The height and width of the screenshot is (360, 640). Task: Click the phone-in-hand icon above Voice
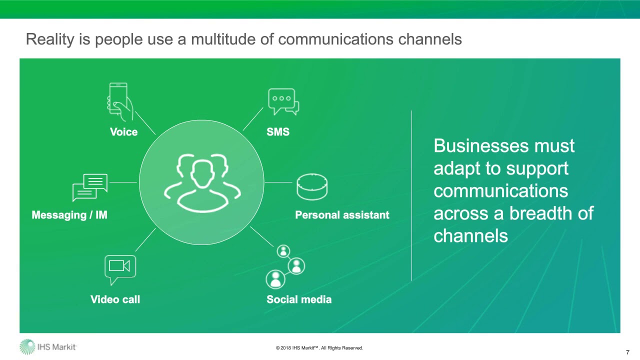120,101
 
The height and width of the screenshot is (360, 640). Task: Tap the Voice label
123,132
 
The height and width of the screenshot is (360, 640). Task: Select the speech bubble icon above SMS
283,101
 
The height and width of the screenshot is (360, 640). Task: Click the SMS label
278,132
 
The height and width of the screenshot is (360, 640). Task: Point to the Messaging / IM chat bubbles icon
90,187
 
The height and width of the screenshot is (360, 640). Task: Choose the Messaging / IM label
69,215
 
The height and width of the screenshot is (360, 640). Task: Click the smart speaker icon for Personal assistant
312,187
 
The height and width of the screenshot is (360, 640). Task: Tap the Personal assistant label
342,215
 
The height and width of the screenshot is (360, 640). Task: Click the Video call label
115,299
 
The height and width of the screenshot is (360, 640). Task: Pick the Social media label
299,299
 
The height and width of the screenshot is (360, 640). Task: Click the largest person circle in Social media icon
275,279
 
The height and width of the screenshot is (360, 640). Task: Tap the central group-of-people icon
202,183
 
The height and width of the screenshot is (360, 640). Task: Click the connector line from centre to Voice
145,123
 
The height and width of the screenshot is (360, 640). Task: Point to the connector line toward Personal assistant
278,182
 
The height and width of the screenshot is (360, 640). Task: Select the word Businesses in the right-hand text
481,145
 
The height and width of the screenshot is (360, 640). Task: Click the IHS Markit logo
48,347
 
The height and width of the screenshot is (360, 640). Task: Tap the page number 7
627,352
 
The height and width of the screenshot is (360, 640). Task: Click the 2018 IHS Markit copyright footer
319,347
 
